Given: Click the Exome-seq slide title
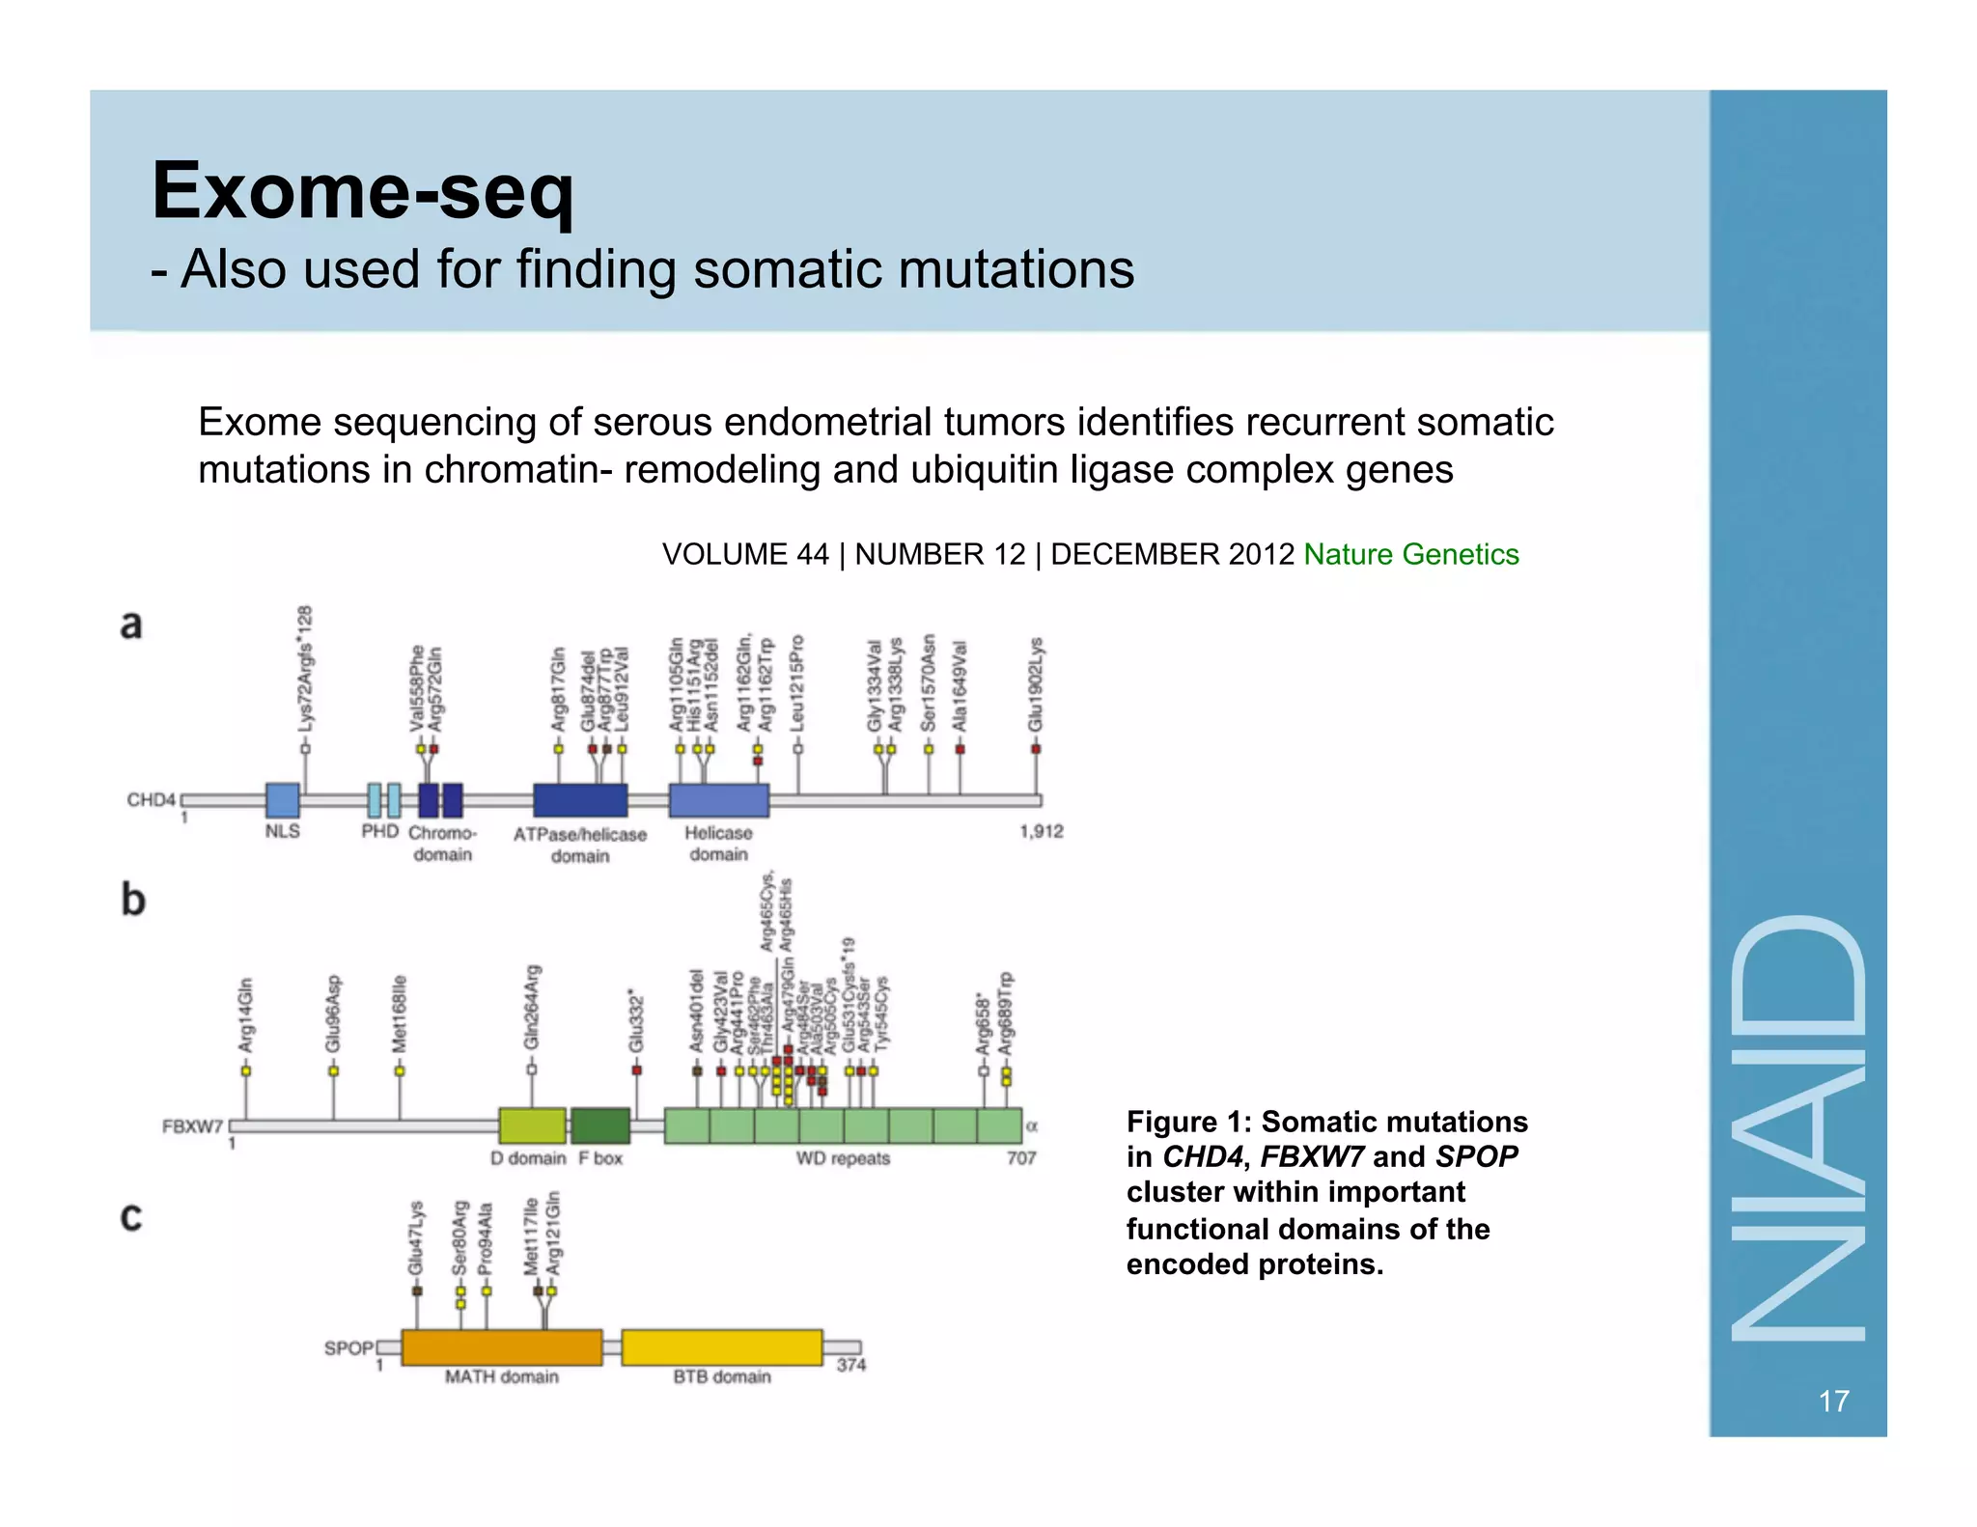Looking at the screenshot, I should click(362, 191).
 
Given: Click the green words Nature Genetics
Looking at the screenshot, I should click(1410, 554).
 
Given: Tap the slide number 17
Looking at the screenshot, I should click(1833, 1401).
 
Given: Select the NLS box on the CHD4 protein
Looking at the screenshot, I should click(282, 800).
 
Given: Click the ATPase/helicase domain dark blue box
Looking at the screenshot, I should click(580, 800).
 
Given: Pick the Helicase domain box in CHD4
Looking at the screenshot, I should click(718, 800).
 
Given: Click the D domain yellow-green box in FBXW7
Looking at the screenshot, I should click(532, 1125).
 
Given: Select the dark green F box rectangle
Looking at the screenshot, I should click(599, 1125).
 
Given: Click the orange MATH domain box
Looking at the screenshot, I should click(501, 1347).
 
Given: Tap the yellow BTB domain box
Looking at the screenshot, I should click(721, 1347).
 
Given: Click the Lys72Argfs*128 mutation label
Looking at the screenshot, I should click(305, 668).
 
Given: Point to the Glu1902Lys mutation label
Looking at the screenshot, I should click(1036, 683).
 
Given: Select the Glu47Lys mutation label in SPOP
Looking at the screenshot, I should click(416, 1237).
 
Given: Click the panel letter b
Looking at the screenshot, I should click(133, 900).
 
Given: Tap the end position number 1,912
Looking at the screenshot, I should click(1041, 831).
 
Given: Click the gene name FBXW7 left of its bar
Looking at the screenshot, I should click(192, 1126).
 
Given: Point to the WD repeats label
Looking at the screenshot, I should click(842, 1158).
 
